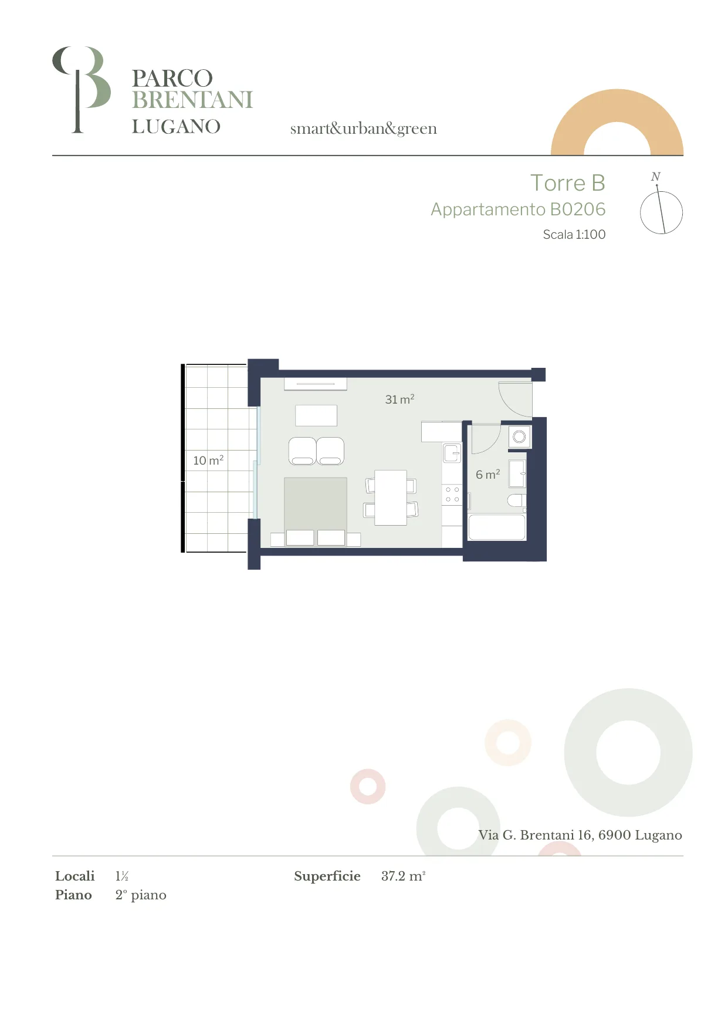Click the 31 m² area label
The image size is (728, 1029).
coord(399,400)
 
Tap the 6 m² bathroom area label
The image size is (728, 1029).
coord(488,475)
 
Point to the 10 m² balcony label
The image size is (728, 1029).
coord(208,461)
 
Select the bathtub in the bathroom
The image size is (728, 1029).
coord(497,527)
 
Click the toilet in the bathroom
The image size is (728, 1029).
coord(517,500)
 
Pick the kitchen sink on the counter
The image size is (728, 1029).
coord(452,453)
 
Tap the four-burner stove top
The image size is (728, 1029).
coord(452,495)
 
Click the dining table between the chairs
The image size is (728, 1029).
coord(391,497)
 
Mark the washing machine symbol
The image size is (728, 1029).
coord(519,437)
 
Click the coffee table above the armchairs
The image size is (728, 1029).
coord(316,415)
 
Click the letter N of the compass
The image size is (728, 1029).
coord(656,177)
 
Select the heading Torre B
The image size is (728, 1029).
coord(567,183)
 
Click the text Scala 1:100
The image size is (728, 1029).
coord(574,235)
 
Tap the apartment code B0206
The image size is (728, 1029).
coord(577,209)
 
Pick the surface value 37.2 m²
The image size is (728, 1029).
coord(403,876)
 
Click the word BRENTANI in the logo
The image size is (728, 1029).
coord(192,100)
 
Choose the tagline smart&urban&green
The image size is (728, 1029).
coord(363,128)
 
